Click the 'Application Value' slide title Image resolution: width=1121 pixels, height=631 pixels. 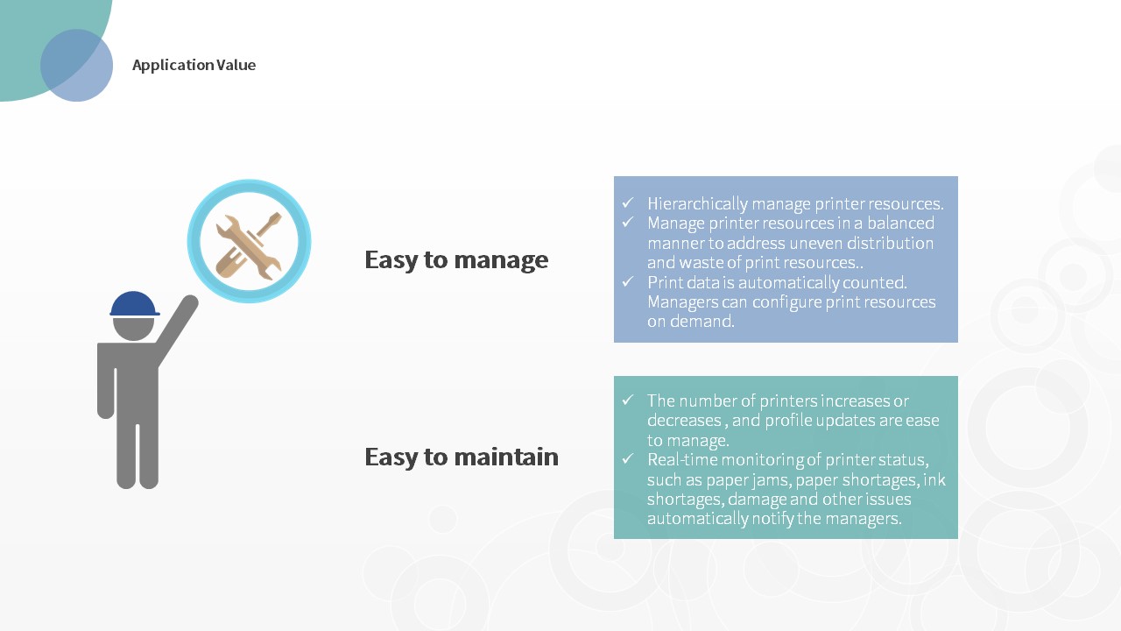tap(194, 65)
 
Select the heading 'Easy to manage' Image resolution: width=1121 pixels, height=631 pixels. tap(456, 260)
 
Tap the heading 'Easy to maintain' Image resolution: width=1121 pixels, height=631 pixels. tap(461, 457)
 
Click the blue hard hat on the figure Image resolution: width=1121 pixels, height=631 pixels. tap(134, 303)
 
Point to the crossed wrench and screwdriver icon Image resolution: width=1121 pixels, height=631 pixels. tap(249, 246)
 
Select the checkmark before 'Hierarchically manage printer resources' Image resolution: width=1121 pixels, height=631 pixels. tap(628, 202)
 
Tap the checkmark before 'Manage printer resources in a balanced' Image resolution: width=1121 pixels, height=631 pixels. tap(628, 222)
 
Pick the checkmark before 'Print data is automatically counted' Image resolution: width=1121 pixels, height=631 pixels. tap(628, 281)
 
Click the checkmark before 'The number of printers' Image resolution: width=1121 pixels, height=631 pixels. tap(628, 400)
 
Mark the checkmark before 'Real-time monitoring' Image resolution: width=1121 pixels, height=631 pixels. tap(628, 458)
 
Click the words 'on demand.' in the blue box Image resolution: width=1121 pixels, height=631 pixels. tap(691, 321)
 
